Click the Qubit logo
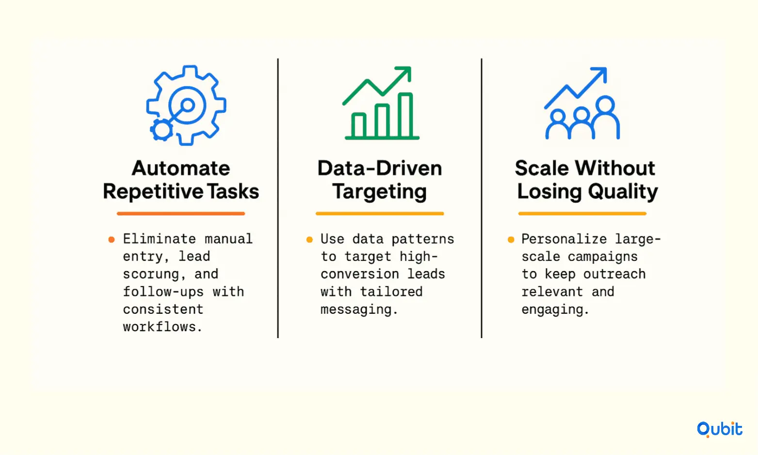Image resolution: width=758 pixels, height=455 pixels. click(719, 429)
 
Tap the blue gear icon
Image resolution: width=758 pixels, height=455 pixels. click(186, 105)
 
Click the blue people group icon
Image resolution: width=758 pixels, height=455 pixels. click(582, 103)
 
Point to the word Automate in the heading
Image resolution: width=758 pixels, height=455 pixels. click(181, 168)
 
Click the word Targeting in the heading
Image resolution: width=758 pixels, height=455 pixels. click(379, 192)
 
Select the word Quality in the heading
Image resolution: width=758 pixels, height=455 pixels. click(623, 192)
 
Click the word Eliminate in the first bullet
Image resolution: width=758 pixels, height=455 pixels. click(159, 239)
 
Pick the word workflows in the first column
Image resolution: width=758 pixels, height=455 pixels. click(162, 326)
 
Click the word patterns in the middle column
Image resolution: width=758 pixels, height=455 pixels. click(423, 239)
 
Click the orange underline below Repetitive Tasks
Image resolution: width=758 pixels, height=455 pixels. click(181, 213)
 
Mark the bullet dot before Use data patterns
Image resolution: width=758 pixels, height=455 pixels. click(309, 240)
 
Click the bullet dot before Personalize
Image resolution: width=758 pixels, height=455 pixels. click(511, 240)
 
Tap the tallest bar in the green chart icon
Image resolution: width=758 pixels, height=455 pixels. click(405, 115)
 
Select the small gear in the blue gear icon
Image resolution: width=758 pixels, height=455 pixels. click(161, 130)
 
